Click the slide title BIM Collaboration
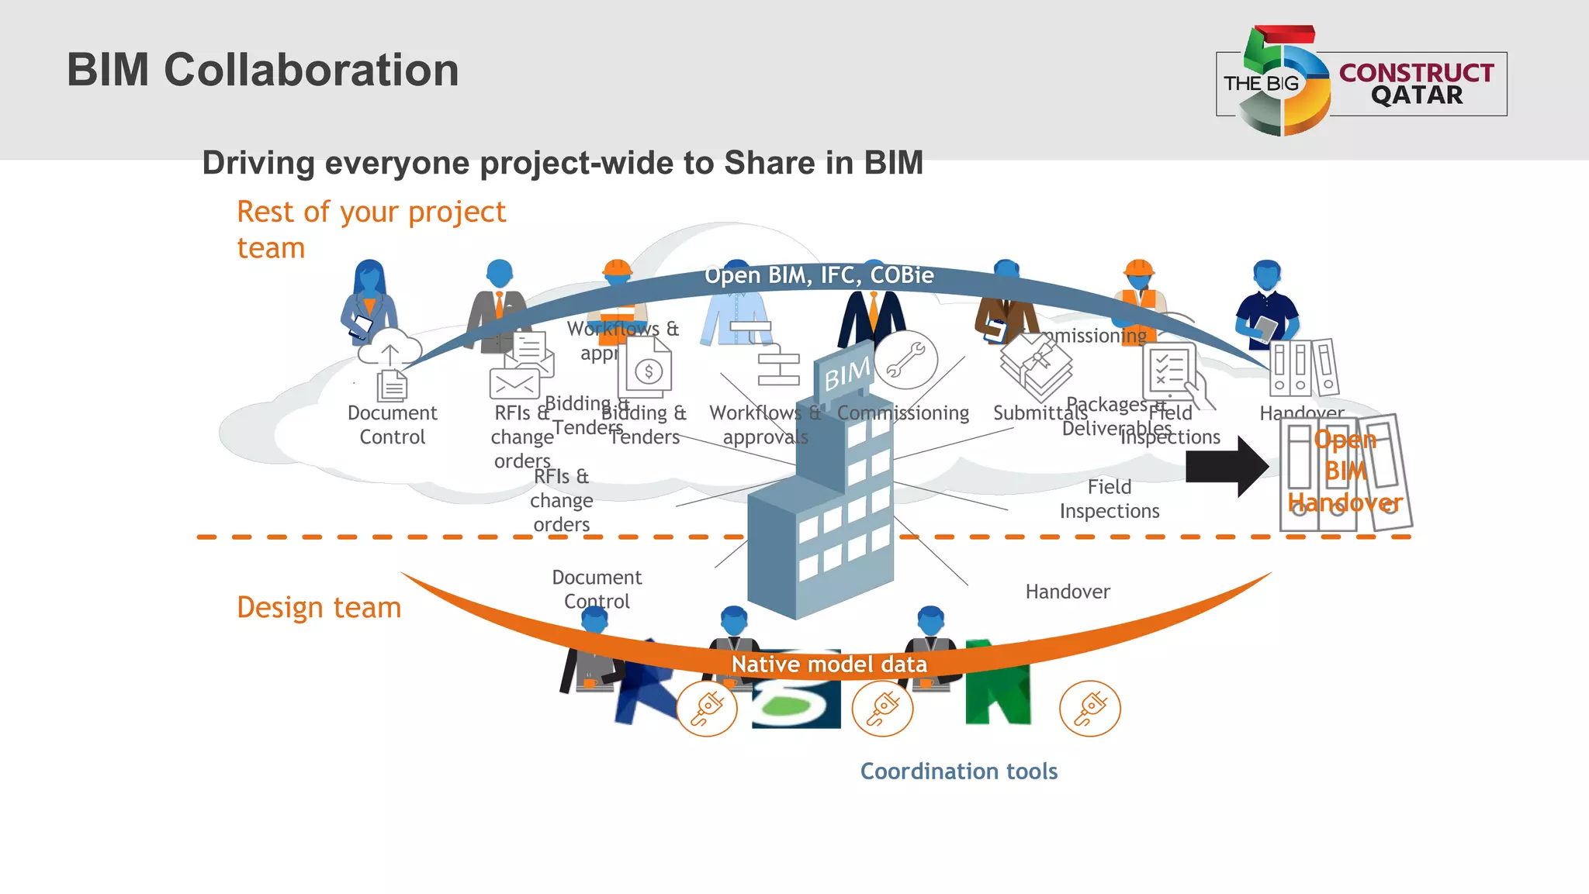pos(262,70)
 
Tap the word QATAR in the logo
pos(1416,95)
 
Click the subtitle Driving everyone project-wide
pos(563,164)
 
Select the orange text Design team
pos(319,607)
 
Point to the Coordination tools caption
pos(958,771)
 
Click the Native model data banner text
pos(829,664)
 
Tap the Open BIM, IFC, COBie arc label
pos(819,275)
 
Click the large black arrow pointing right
pos(1226,466)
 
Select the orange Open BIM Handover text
pos(1345,471)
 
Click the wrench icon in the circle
pos(905,361)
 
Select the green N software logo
pos(998,682)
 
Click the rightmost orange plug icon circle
pos(1089,708)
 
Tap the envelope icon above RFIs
pos(514,383)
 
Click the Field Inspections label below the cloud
pos(1109,499)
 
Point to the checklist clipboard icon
pos(1168,370)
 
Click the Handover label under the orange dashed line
pos(1067,592)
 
